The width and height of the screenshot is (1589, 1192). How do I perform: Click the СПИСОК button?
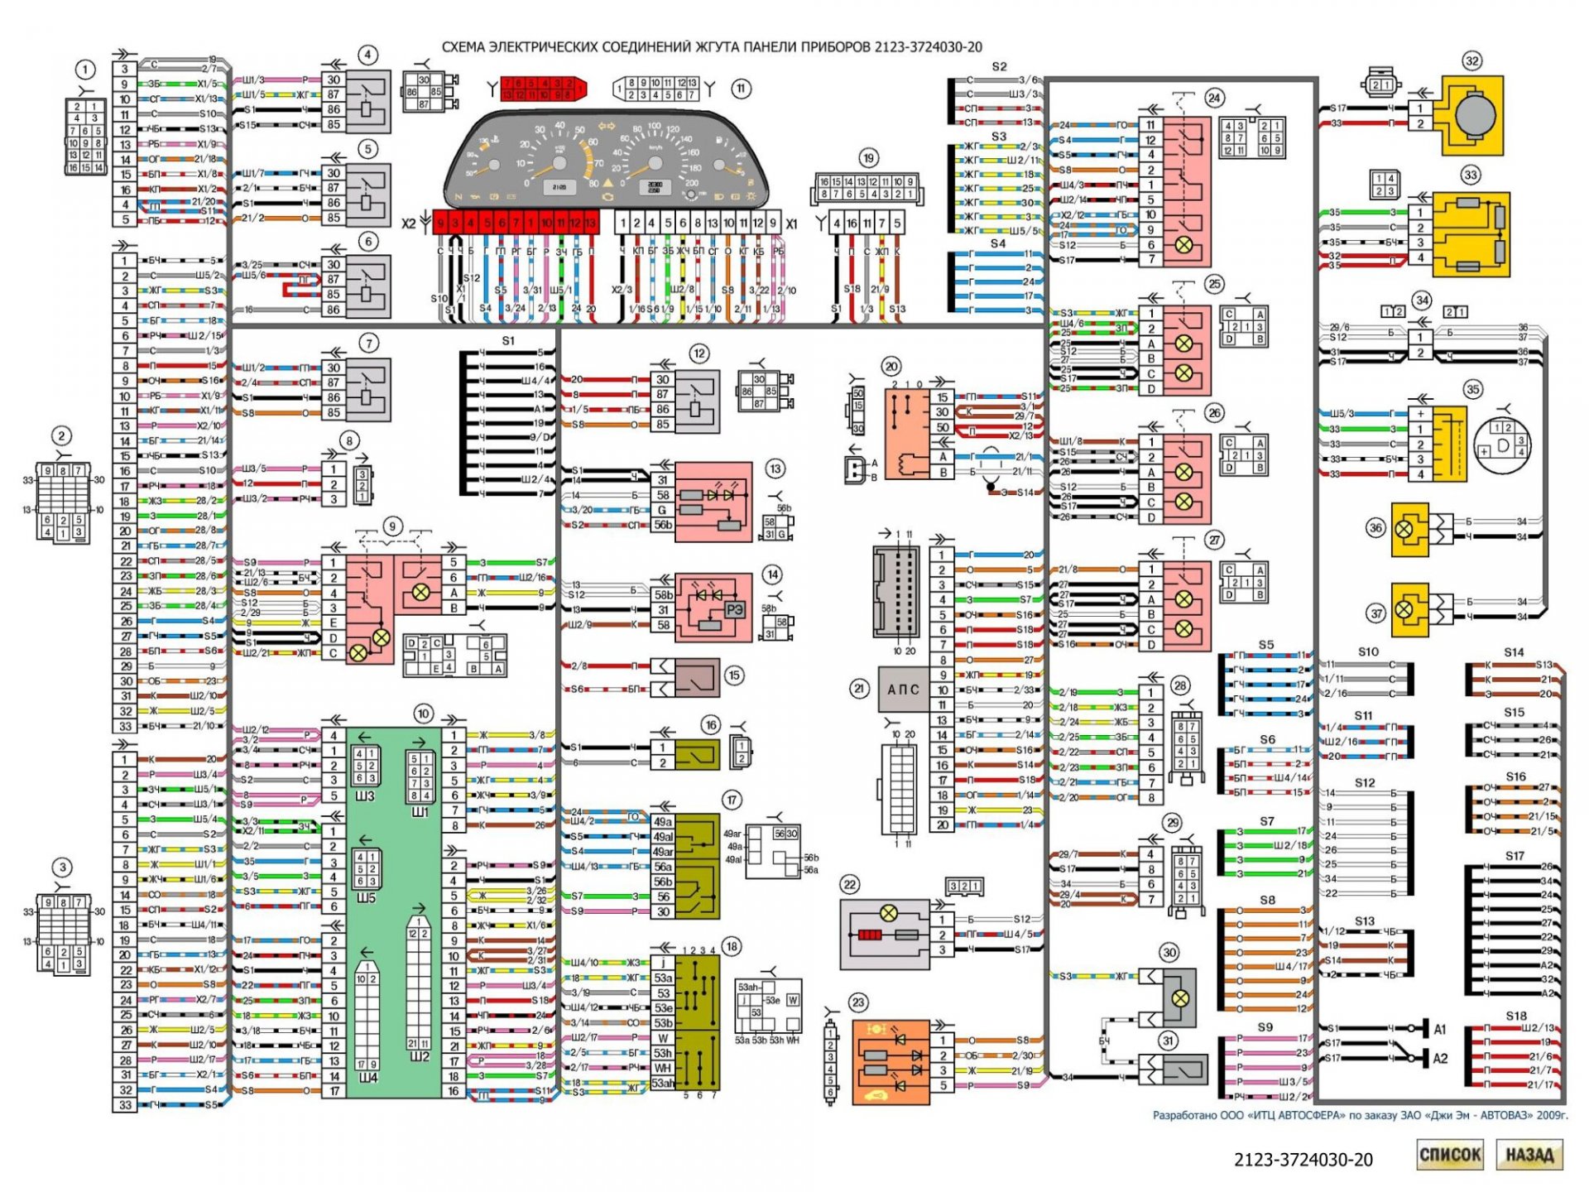coord(1449,1155)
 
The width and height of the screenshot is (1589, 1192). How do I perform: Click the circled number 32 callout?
coord(1471,61)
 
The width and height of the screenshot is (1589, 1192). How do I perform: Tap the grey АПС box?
coord(903,690)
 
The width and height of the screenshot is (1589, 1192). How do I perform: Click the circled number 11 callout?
coord(741,89)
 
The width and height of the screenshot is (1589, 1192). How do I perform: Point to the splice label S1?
coord(508,341)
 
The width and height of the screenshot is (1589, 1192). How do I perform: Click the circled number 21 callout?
coord(859,689)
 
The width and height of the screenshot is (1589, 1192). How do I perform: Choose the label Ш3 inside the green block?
coord(365,796)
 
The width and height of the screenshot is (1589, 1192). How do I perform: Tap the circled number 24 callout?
coord(1214,98)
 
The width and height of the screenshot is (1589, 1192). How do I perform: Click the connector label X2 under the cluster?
coord(409,224)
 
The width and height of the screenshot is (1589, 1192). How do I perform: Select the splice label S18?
coord(1516,1016)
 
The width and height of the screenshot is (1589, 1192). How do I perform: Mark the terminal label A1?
coord(1440,1030)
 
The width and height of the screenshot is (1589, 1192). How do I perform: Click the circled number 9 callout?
coord(392,526)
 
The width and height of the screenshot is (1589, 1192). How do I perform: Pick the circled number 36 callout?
coord(1375,528)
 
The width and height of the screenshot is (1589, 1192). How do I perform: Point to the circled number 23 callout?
coord(858,1003)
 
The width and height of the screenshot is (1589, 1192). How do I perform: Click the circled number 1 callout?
coord(85,70)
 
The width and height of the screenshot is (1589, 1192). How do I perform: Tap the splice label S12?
coord(1365,782)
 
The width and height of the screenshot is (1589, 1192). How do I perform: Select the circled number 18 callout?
coord(731,947)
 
